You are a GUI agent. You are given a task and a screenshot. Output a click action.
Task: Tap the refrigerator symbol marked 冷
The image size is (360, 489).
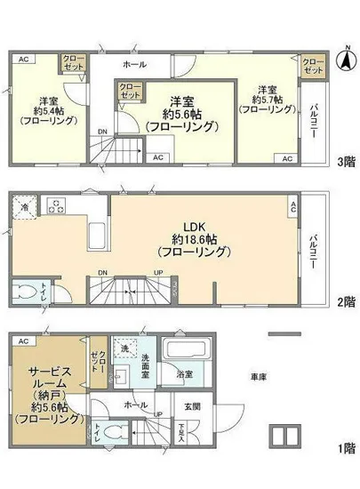click(x=24, y=206)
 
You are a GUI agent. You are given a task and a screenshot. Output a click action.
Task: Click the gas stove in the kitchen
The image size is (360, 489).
click(x=55, y=208)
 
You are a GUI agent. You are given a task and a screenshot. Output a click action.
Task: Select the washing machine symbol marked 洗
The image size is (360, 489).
click(x=124, y=346)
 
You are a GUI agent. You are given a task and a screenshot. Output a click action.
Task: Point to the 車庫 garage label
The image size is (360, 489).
click(x=258, y=377)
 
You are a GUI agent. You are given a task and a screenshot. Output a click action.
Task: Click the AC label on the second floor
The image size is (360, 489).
click(x=292, y=205)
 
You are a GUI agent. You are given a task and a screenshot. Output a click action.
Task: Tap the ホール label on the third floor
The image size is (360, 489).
click(x=135, y=65)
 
